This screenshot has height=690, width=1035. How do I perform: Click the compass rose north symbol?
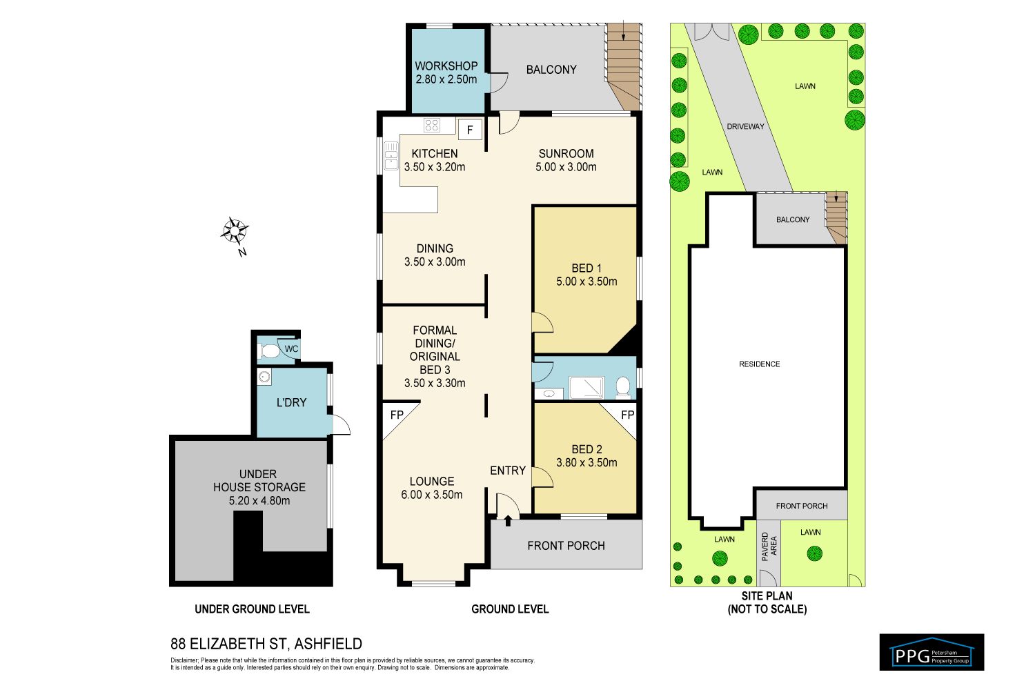pos(235,230)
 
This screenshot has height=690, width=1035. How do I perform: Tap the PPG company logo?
pos(931,653)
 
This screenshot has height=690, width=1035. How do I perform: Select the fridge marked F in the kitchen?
pos(470,129)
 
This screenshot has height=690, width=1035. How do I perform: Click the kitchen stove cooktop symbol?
pos(432,125)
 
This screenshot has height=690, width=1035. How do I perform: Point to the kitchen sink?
pos(391,155)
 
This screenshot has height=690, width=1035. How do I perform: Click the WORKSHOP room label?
pos(446,66)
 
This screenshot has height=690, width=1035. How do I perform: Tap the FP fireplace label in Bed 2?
pos(627,415)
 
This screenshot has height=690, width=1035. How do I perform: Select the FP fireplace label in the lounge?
pos(397,415)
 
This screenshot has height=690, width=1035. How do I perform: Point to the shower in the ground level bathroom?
pos(586,388)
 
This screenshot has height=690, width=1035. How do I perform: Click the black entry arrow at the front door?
pos(509,520)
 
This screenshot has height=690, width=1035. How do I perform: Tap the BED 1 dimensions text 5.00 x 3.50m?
pos(586,282)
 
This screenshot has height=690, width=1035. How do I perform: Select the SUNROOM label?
pos(566,153)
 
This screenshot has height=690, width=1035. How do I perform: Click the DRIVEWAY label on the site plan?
pos(745,126)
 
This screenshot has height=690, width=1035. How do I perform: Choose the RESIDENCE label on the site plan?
pos(759,364)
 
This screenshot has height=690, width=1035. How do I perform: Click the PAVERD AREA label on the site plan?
pos(769,546)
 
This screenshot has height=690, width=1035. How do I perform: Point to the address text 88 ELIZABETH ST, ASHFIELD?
pos(266,644)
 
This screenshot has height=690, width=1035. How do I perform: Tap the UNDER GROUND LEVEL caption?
pos(252,609)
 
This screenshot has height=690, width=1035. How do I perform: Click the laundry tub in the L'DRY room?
pos(264,377)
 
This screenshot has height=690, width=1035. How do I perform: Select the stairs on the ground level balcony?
pos(624,66)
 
